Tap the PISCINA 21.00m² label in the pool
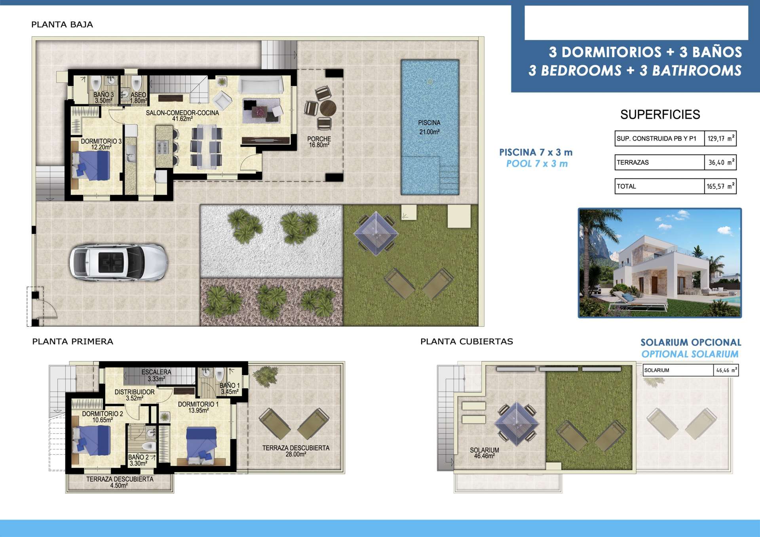tap(429, 127)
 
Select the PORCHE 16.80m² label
tap(319, 142)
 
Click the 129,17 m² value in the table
tap(720, 139)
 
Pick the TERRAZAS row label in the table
tap(633, 162)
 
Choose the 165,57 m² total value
tap(720, 186)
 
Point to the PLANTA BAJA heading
tap(62, 25)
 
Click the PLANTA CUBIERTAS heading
tap(467, 342)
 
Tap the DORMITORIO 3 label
tap(101, 141)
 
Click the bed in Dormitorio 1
tap(201, 445)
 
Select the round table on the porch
tap(328, 108)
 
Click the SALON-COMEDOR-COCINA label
tap(182, 113)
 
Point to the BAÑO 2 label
tap(139, 457)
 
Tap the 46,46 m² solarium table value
tap(726, 370)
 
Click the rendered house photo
tap(660, 263)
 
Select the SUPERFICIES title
tap(660, 115)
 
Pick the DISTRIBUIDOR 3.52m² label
tap(135, 395)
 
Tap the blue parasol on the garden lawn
tap(376, 233)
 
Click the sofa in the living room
tap(260, 85)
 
